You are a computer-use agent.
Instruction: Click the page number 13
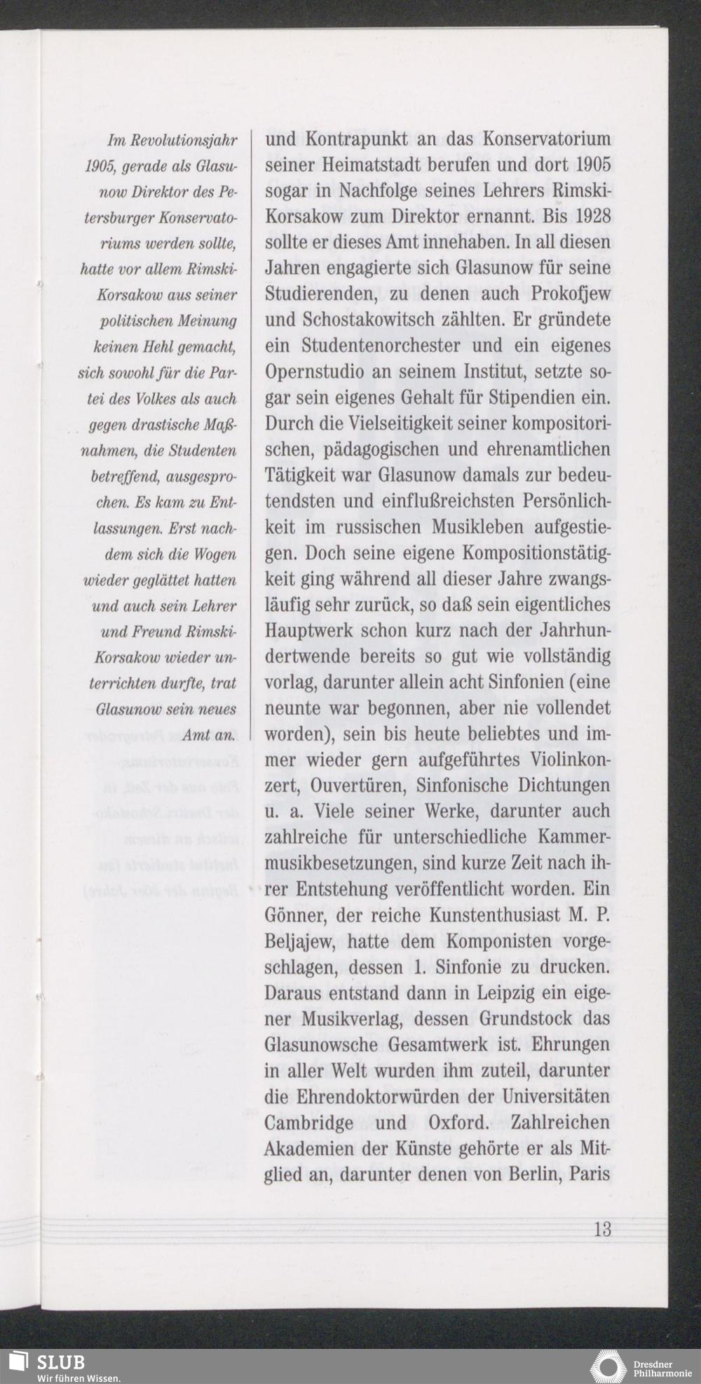coord(602,1230)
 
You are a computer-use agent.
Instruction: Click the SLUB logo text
coord(61,1361)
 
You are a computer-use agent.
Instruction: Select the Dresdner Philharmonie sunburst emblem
coord(608,1366)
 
